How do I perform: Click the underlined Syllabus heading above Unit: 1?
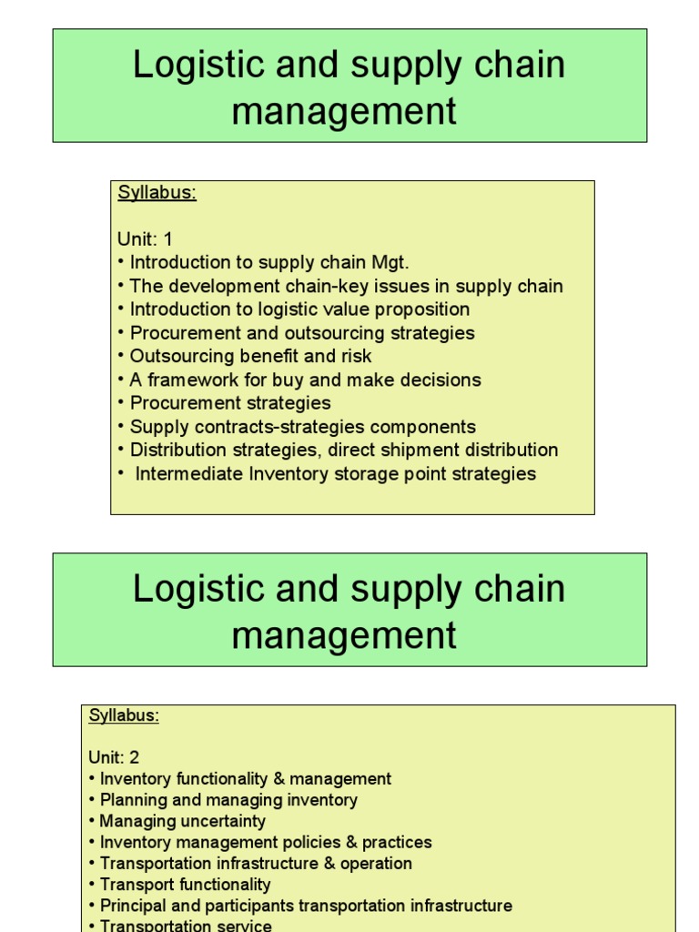tap(157, 193)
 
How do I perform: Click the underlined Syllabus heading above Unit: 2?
tap(124, 715)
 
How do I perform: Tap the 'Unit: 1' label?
tap(145, 239)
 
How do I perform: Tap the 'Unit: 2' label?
tap(114, 757)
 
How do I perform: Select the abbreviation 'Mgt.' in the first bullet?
tap(390, 263)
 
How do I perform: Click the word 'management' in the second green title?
tap(344, 635)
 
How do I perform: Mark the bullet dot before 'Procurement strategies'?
tap(121, 403)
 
